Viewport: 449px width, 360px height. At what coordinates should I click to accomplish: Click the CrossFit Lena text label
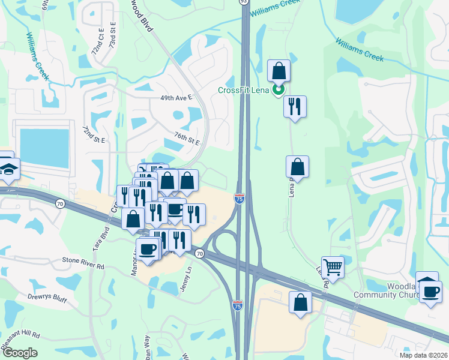point(243,90)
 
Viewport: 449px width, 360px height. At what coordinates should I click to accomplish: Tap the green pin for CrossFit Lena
point(278,90)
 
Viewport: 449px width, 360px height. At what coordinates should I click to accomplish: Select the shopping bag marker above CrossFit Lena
point(279,71)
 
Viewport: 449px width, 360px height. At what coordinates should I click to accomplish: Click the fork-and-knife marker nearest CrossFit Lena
point(295,107)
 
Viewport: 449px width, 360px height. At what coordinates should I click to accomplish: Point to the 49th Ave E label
point(176,97)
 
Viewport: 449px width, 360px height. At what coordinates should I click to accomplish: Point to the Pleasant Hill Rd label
point(20,334)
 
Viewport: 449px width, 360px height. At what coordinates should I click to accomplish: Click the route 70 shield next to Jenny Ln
point(199,254)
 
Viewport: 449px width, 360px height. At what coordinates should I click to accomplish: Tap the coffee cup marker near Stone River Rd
point(147,249)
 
